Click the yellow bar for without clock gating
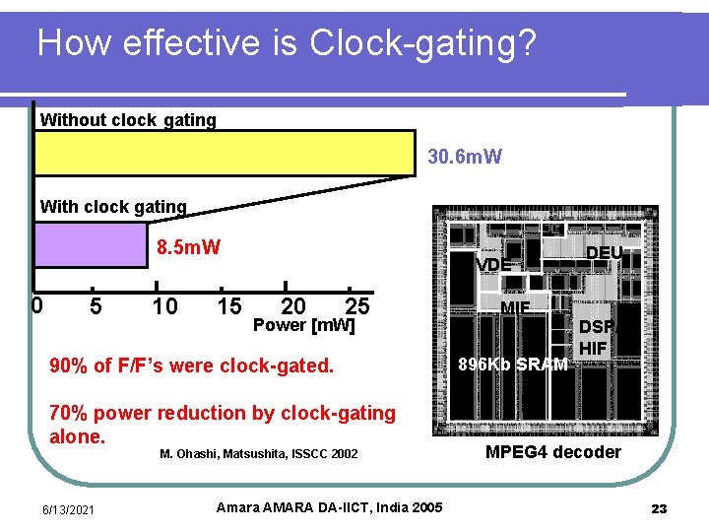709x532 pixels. click(225, 153)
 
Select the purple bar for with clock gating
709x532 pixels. click(91, 244)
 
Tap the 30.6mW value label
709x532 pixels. click(465, 157)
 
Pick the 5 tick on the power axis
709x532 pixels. click(96, 306)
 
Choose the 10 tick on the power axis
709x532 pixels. click(164, 306)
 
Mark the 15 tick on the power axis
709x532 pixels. click(228, 306)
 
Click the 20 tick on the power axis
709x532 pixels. click(292, 306)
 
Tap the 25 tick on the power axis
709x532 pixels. click(356, 306)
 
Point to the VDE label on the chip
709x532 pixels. click(493, 265)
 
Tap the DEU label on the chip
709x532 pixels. click(604, 253)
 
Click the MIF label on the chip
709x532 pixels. click(515, 308)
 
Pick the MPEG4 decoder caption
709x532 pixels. click(553, 452)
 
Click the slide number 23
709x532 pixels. click(659, 508)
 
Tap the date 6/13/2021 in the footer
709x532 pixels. click(68, 508)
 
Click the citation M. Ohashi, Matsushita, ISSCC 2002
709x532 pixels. click(258, 454)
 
